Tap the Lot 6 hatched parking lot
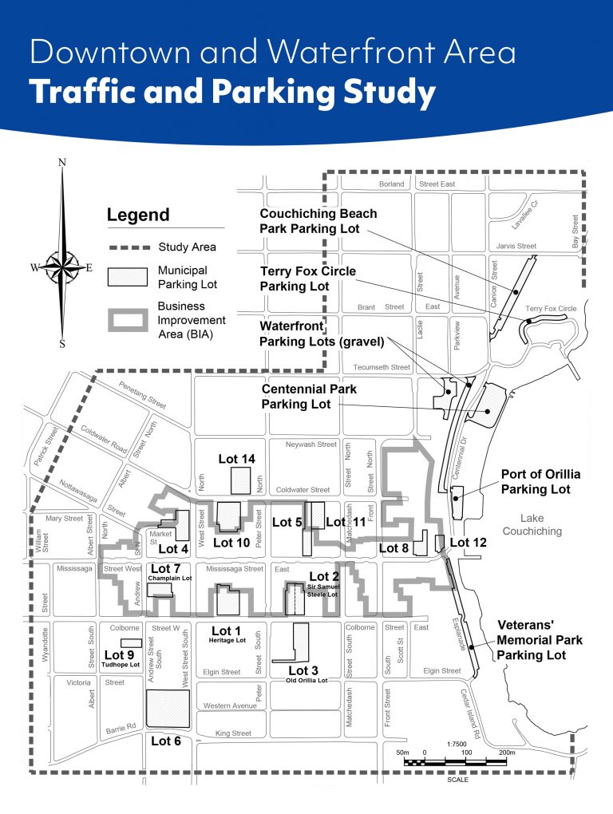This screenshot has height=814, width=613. (x=168, y=709)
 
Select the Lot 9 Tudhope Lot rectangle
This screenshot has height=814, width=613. (x=131, y=642)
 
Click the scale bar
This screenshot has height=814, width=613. (x=455, y=762)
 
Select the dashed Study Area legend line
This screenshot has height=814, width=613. (x=128, y=247)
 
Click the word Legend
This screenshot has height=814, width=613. (x=138, y=215)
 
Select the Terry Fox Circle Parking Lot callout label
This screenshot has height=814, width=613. (x=307, y=279)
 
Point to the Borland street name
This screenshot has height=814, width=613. (x=393, y=184)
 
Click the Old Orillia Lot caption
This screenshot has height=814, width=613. (x=306, y=681)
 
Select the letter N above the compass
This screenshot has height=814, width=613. (x=62, y=163)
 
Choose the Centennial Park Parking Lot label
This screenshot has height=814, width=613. (x=309, y=397)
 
